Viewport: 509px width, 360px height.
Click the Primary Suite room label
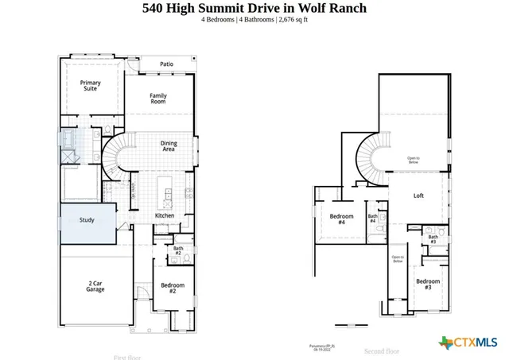tap(90, 85)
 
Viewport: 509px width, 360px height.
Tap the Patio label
tap(166, 64)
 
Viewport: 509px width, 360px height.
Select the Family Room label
tap(158, 99)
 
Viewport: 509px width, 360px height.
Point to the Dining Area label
tap(168, 145)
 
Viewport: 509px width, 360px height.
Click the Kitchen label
tap(165, 215)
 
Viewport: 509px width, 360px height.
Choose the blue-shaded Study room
tap(87, 220)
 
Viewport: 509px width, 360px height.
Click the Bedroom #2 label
tap(173, 288)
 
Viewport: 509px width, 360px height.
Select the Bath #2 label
tap(177, 250)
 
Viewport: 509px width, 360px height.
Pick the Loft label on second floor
tap(419, 195)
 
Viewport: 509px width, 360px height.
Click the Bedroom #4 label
tap(341, 219)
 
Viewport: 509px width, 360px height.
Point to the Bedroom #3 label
tap(427, 285)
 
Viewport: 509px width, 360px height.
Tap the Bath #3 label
tap(433, 238)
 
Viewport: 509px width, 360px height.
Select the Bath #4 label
tap(372, 218)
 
